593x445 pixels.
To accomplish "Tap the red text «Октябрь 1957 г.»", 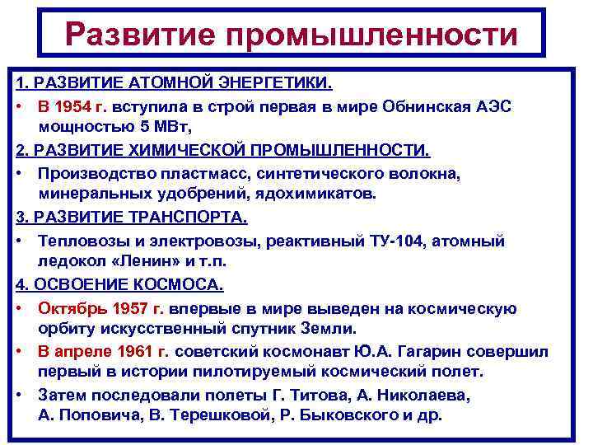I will (x=101, y=308).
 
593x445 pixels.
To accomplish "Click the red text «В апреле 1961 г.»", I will (x=103, y=351).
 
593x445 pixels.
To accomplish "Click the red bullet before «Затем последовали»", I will (x=20, y=394).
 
